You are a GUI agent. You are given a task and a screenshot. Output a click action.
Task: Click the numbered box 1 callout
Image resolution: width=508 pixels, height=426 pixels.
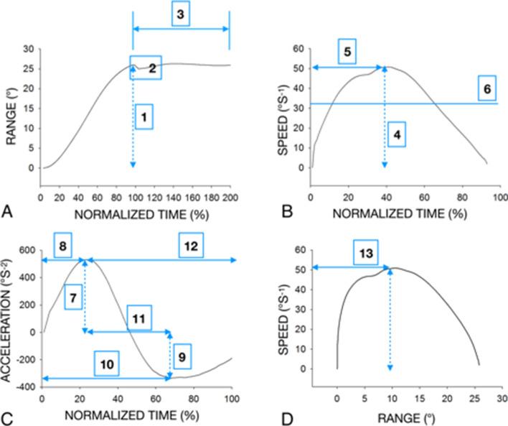coord(144,116)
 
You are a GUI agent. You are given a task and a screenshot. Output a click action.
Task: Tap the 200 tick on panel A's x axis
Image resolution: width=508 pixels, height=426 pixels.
coord(229,197)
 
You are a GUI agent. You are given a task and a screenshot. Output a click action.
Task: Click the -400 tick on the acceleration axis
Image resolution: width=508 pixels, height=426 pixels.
coord(24,386)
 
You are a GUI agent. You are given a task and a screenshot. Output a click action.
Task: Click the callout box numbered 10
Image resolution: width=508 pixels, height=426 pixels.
coord(105,364)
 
